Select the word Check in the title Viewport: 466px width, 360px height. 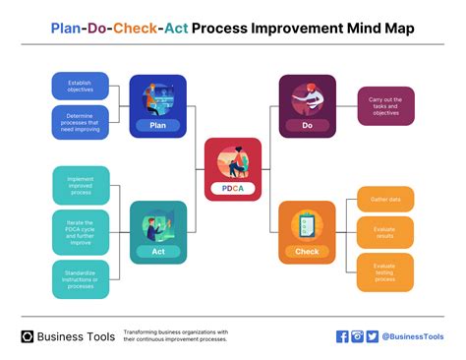(x=135, y=29)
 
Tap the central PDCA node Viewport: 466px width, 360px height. (x=232, y=169)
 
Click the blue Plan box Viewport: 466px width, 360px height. (x=157, y=104)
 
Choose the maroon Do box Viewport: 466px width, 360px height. (x=307, y=104)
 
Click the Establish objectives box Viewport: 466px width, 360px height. (x=81, y=86)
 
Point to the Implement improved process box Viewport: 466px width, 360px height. (x=81, y=184)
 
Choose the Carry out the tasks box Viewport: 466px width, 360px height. (x=385, y=105)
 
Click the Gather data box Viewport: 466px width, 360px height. (x=385, y=198)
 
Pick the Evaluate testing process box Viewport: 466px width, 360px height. (x=385, y=271)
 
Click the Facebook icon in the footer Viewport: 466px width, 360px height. (x=342, y=336)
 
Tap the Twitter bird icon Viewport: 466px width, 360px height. (x=372, y=336)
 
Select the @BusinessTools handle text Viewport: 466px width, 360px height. (x=413, y=336)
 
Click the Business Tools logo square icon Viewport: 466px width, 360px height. (x=28, y=336)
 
